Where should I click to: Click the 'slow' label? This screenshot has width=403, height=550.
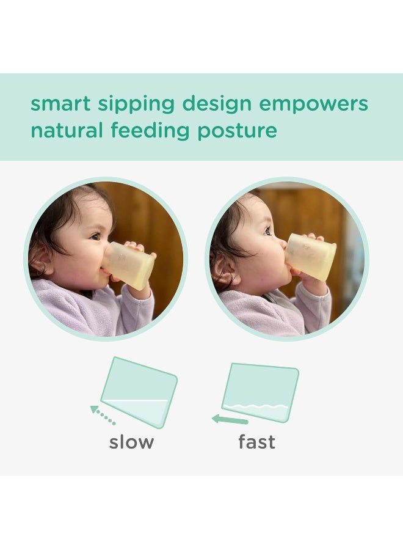(131, 442)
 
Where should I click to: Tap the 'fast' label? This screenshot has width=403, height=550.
(256, 442)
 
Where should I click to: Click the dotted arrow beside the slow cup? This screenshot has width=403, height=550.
(102, 414)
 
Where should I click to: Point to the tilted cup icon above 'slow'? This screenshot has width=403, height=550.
(139, 391)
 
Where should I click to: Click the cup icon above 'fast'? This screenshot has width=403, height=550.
(261, 392)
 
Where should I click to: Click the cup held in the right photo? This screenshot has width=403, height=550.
(311, 257)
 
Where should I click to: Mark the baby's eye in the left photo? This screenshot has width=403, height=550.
(95, 236)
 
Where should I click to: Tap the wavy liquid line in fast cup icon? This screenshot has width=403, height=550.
(255, 406)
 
